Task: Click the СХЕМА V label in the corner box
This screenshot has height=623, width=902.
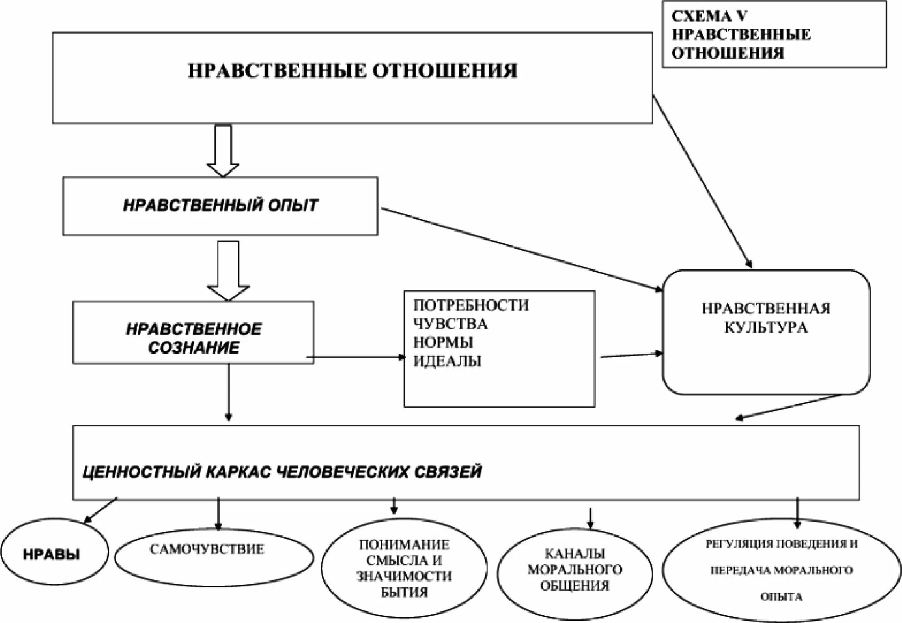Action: pos(709,16)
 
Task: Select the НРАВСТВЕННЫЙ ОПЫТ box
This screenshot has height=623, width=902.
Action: pos(220,206)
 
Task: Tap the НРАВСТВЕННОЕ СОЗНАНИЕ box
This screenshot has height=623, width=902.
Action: pos(193,333)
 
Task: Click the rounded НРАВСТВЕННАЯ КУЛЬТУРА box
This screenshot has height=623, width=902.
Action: pos(766,332)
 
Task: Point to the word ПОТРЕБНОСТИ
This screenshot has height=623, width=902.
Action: pos(471,305)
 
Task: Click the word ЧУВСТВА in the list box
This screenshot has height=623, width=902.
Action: pos(450,324)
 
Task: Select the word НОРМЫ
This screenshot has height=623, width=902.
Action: pos(443,342)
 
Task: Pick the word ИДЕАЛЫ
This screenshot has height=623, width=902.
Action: pos(447,361)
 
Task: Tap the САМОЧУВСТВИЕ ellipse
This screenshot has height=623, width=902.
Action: pos(213,556)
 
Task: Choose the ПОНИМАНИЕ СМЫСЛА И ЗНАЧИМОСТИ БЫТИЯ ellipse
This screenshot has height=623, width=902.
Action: pos(404,568)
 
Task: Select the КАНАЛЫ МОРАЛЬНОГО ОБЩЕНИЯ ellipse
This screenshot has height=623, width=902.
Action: pos(575,570)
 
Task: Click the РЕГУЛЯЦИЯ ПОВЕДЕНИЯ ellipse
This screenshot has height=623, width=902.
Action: pos(781,570)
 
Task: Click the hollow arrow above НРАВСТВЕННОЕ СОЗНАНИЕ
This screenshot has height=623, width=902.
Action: pos(228,271)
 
